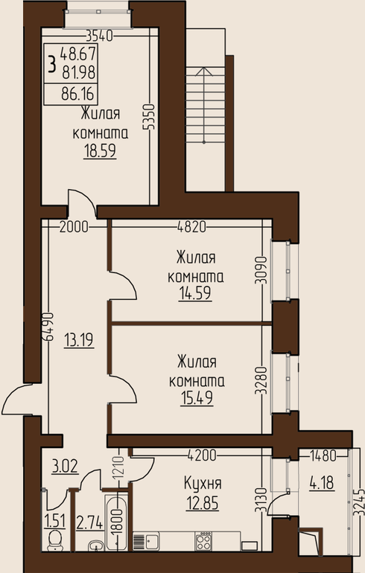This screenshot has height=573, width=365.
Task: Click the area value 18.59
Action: [100, 150]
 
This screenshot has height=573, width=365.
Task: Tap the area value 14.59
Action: [195, 293]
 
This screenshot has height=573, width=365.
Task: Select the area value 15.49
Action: [197, 397]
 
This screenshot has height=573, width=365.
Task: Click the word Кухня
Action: [203, 484]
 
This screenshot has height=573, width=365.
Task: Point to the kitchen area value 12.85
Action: [203, 503]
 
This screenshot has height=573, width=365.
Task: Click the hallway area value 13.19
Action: [79, 340]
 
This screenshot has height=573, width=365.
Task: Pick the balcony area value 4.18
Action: [322, 484]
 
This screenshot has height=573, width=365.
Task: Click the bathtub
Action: [117, 522]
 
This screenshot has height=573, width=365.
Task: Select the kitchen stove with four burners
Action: [203, 541]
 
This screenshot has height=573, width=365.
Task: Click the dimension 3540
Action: [99, 36]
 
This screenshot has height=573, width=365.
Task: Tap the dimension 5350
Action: [149, 117]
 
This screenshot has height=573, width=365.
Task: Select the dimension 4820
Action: [191, 227]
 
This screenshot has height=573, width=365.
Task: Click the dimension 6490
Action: [48, 327]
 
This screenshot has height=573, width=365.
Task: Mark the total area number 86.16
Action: [77, 95]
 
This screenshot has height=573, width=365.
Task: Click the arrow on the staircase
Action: [204, 105]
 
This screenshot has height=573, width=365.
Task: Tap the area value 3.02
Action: [65, 468]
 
